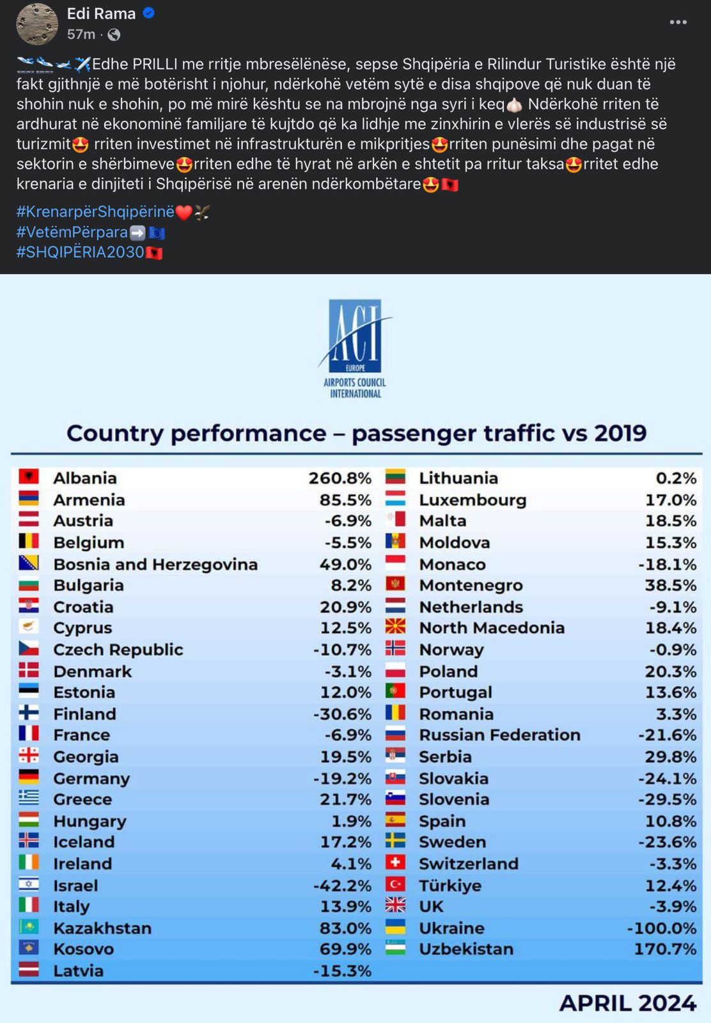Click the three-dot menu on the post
pyautogui.click(x=678, y=22)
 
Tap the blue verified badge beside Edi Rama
pyautogui.click(x=149, y=13)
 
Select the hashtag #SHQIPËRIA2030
pyautogui.click(x=81, y=253)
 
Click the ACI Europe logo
pyautogui.click(x=355, y=348)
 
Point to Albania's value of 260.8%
pyautogui.click(x=340, y=478)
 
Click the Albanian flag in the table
pyautogui.click(x=29, y=477)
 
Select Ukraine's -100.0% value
pyautogui.click(x=661, y=928)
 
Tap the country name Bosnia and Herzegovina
pyautogui.click(x=155, y=565)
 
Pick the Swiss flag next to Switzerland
pyautogui.click(x=395, y=863)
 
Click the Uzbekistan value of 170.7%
pyautogui.click(x=664, y=949)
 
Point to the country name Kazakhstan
pyautogui.click(x=102, y=928)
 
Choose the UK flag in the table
pyautogui.click(x=395, y=905)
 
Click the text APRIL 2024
pyautogui.click(x=628, y=1003)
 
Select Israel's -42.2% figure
pyautogui.click(x=342, y=886)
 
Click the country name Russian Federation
pyautogui.click(x=499, y=735)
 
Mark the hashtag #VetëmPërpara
pyautogui.click(x=72, y=232)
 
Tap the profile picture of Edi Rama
pyautogui.click(x=37, y=24)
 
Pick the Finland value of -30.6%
pyautogui.click(x=342, y=714)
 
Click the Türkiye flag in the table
pyautogui.click(x=395, y=884)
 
